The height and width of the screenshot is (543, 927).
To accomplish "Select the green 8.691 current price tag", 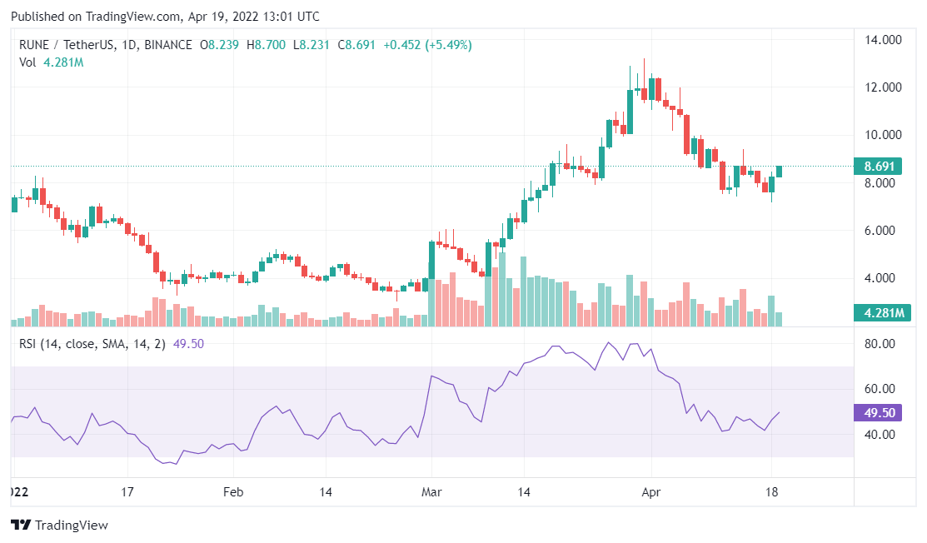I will click(883, 167).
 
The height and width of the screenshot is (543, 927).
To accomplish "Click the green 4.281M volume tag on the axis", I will click(883, 313).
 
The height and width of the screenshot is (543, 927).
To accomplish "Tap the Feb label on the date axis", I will click(233, 491).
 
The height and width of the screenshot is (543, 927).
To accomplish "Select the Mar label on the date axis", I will click(431, 491).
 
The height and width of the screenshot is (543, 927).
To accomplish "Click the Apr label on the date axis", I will click(652, 491).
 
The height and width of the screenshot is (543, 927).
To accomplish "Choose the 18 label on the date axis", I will click(772, 491).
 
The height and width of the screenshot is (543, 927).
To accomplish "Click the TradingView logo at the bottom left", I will click(59, 526).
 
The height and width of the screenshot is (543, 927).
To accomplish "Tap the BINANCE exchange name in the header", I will click(169, 43).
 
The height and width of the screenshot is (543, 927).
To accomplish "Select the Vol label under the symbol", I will click(27, 62).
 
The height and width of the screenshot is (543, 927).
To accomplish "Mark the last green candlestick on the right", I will click(780, 172).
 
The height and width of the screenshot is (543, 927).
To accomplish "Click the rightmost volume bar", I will click(780, 318).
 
